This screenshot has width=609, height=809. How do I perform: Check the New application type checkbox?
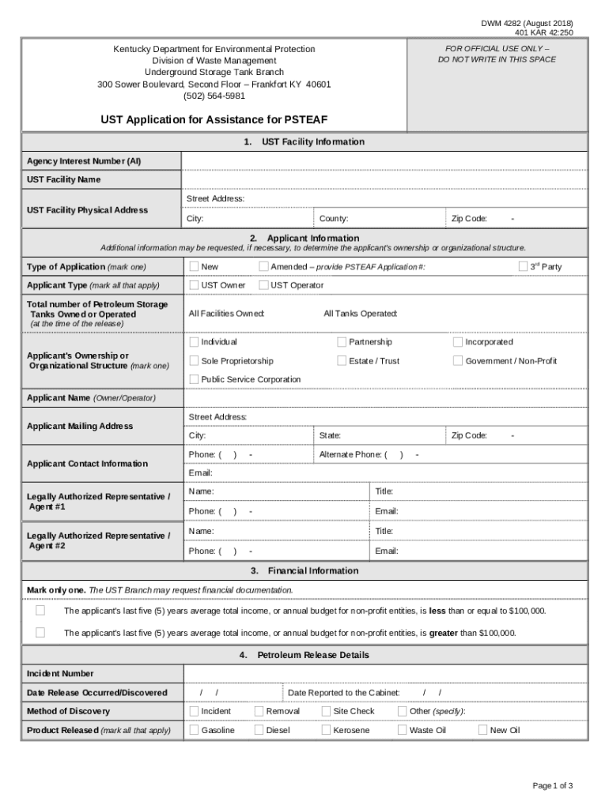coord(194,266)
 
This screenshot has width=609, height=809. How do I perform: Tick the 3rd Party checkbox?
coord(523,266)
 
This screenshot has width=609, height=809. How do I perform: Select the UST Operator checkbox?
coord(263,284)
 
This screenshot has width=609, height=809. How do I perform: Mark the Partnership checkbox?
coord(342,342)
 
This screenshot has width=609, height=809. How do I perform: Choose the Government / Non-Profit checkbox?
coord(458,361)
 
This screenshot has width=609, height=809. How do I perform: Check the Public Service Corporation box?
coord(194,379)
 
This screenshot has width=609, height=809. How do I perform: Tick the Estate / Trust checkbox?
coord(342,361)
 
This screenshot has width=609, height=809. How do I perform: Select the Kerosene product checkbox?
coord(326,730)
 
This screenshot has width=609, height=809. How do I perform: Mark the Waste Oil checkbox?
coord(402,730)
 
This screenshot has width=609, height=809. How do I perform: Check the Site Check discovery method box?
coord(326,711)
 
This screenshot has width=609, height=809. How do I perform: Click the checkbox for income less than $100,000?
coord(40,611)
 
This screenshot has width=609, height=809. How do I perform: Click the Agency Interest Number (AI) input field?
coord(384,161)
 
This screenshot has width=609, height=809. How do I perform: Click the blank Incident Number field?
coord(384,674)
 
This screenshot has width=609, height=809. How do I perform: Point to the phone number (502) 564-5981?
coord(214,96)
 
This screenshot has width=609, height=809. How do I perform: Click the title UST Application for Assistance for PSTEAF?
coord(214,120)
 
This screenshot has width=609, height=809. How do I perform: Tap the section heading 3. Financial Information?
coord(304,570)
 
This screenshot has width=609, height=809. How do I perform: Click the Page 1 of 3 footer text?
coord(552,785)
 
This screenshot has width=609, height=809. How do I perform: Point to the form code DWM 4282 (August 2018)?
coord(527,23)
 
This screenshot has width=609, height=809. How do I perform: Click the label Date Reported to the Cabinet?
coord(343,693)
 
